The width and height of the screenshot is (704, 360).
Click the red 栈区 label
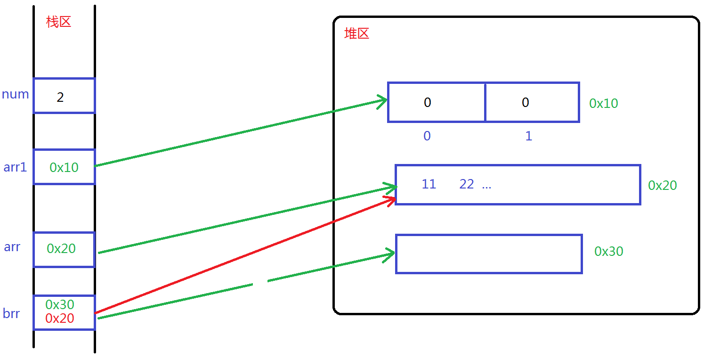click(x=59, y=22)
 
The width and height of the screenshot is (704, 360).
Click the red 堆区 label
click(x=356, y=33)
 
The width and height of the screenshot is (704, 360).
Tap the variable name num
click(x=16, y=94)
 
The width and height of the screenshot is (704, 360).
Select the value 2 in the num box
click(x=60, y=98)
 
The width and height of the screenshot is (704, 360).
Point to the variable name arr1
click(x=16, y=167)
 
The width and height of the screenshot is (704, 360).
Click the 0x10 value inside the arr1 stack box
click(x=64, y=167)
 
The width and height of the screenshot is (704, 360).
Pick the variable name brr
click(x=11, y=313)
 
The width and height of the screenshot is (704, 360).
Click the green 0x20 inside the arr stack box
click(x=61, y=248)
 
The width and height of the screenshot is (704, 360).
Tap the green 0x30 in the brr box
click(x=60, y=304)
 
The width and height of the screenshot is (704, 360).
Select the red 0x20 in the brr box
click(x=60, y=319)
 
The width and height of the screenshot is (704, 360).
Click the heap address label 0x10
click(x=603, y=104)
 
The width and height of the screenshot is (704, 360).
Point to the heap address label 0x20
click(x=662, y=186)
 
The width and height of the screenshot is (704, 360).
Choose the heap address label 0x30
click(x=608, y=252)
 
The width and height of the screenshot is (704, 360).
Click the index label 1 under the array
click(x=528, y=136)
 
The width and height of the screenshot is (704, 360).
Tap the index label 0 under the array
click(x=427, y=136)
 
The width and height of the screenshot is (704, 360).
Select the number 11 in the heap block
click(x=429, y=184)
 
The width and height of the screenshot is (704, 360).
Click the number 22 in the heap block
click(x=466, y=184)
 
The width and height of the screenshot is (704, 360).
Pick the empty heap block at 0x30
click(x=488, y=254)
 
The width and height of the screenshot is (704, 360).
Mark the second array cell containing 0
click(x=532, y=102)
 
